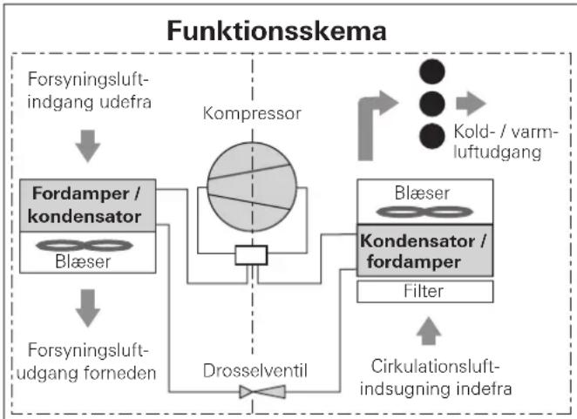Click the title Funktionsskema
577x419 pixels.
(x=276, y=30)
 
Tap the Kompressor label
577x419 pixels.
(x=252, y=113)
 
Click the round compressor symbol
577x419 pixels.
(x=252, y=187)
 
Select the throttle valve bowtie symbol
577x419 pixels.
(x=262, y=392)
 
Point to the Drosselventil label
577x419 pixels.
(x=255, y=370)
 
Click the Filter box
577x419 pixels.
(x=425, y=291)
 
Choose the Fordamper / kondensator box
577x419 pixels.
(x=87, y=206)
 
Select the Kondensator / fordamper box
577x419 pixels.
(x=425, y=251)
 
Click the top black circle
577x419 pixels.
(x=432, y=71)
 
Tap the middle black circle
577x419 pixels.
(x=432, y=104)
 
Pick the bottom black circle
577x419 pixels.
(x=432, y=136)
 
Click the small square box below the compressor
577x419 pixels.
(x=251, y=255)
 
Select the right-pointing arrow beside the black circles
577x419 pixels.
(x=471, y=103)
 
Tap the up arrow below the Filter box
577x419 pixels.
(x=429, y=331)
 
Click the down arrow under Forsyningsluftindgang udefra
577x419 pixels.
(x=88, y=145)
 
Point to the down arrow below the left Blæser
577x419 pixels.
(x=88, y=307)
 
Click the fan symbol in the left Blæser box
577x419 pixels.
(x=85, y=246)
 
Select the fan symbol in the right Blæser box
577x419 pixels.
(x=424, y=212)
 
